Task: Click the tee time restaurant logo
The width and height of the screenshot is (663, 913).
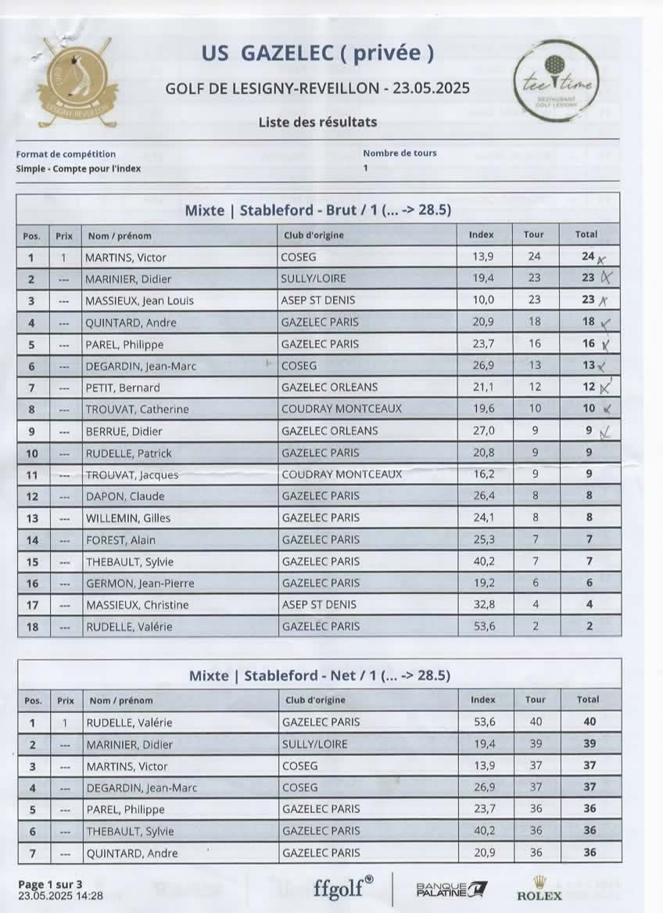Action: (x=557, y=83)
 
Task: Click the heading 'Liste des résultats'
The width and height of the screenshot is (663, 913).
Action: (x=317, y=122)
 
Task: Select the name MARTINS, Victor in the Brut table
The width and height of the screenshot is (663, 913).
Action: (x=126, y=257)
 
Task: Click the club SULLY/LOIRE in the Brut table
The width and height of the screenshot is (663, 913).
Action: (x=314, y=278)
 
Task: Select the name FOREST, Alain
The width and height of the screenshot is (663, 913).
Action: (x=120, y=539)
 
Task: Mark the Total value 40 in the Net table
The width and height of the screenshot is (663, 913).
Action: (x=590, y=722)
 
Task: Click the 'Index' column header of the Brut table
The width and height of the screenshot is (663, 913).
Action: (x=482, y=235)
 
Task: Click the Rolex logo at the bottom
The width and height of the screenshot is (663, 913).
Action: (x=539, y=889)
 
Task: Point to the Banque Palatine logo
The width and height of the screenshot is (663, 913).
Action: (x=451, y=889)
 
